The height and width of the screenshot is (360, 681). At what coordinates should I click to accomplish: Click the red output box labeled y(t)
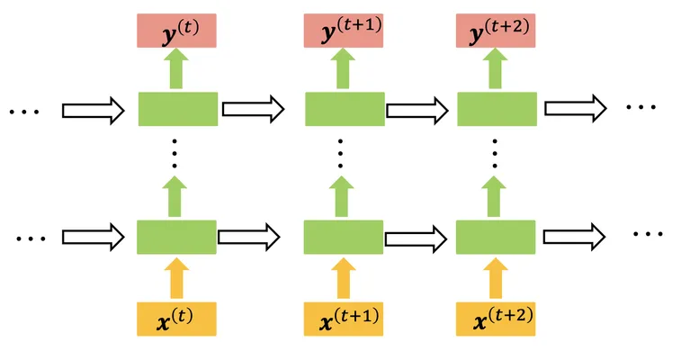(176, 31)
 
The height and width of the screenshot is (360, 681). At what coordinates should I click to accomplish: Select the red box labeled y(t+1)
(344, 31)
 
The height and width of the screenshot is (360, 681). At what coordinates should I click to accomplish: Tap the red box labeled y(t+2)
(496, 31)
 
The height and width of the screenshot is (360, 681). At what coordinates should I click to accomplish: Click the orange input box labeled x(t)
(176, 319)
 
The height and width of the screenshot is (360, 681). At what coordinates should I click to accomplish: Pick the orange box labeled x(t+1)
(344, 319)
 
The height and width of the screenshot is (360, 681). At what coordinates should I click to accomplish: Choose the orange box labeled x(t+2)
(496, 319)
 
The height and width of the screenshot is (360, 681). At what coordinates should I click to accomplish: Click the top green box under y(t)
(178, 109)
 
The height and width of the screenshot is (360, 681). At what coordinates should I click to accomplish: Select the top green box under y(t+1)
(345, 109)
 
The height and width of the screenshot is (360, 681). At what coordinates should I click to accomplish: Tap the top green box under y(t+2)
(497, 109)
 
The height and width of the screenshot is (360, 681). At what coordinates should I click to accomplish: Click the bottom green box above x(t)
(176, 237)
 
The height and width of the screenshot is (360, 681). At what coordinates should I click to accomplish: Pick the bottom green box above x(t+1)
(344, 237)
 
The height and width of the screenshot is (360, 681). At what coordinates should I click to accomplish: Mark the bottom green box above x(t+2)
(496, 237)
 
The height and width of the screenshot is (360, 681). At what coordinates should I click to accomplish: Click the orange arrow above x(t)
(176, 278)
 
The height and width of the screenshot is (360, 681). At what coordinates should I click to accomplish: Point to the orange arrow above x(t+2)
(496, 278)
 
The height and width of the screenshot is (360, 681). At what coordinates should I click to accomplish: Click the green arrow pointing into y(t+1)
(343, 68)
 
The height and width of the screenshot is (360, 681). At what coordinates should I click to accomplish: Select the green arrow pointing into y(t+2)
(495, 68)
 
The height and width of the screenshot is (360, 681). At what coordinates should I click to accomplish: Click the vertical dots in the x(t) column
(175, 153)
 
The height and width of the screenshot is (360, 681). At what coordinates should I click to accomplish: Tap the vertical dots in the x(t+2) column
(495, 153)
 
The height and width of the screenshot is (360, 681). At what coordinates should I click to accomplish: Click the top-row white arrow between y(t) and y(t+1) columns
(253, 109)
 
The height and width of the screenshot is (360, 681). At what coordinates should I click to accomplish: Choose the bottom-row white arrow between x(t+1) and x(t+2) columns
(417, 238)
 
